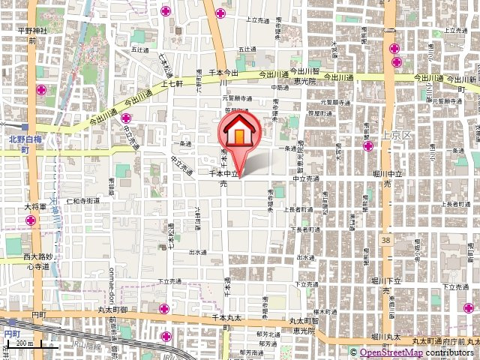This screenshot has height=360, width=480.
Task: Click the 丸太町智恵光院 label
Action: (x=304, y=325)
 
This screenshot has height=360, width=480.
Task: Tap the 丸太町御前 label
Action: (x=112, y=309)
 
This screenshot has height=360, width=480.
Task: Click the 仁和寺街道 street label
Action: (x=82, y=201)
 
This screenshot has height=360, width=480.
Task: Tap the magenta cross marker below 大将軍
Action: (x=31, y=220)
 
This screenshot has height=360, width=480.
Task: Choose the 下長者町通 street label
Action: (x=305, y=229)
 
